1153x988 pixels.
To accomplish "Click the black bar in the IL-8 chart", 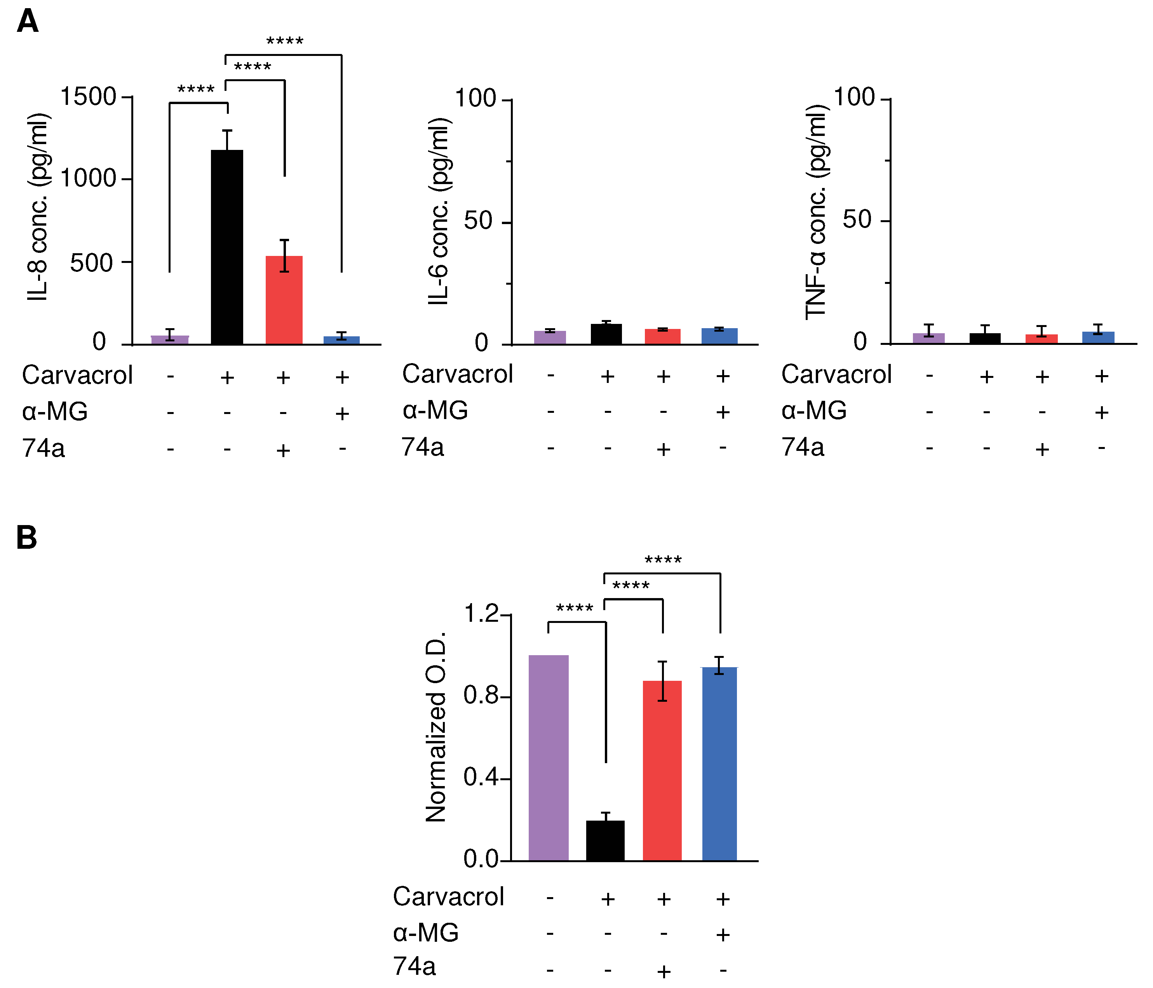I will [227, 247].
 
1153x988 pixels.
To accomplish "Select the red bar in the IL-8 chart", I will [284, 301].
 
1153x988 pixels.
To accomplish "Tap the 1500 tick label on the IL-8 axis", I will [88, 97].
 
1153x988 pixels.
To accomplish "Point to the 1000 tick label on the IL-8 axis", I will [88, 179].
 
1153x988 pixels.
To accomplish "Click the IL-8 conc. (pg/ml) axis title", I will [39, 207].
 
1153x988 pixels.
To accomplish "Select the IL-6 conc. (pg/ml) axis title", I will [440, 211].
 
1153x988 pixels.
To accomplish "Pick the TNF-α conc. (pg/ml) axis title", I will [817, 211].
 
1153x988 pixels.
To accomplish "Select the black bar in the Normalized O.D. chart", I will [605, 840].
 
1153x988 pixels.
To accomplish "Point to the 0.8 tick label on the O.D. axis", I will [481, 696].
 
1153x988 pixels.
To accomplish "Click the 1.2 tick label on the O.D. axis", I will [481, 614].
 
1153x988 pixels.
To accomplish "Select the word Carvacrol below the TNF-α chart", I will [836, 374].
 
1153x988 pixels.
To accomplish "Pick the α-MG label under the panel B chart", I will [426, 932].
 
